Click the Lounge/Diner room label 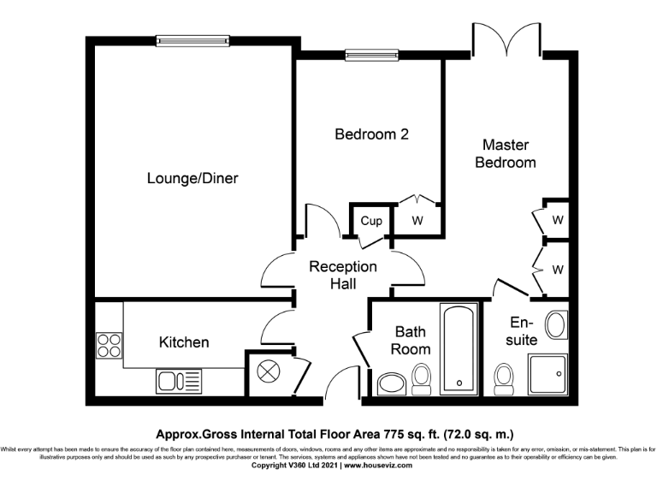point(192,179)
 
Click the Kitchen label point(184,342)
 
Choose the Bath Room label point(411,340)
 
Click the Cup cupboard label point(370,221)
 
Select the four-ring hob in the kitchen point(109,345)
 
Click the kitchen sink point(177,381)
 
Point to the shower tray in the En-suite point(546,375)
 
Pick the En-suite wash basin point(555,325)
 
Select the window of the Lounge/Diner point(186,38)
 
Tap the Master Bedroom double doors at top point(507,39)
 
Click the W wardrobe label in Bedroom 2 point(417,221)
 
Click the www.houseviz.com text point(377,466)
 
